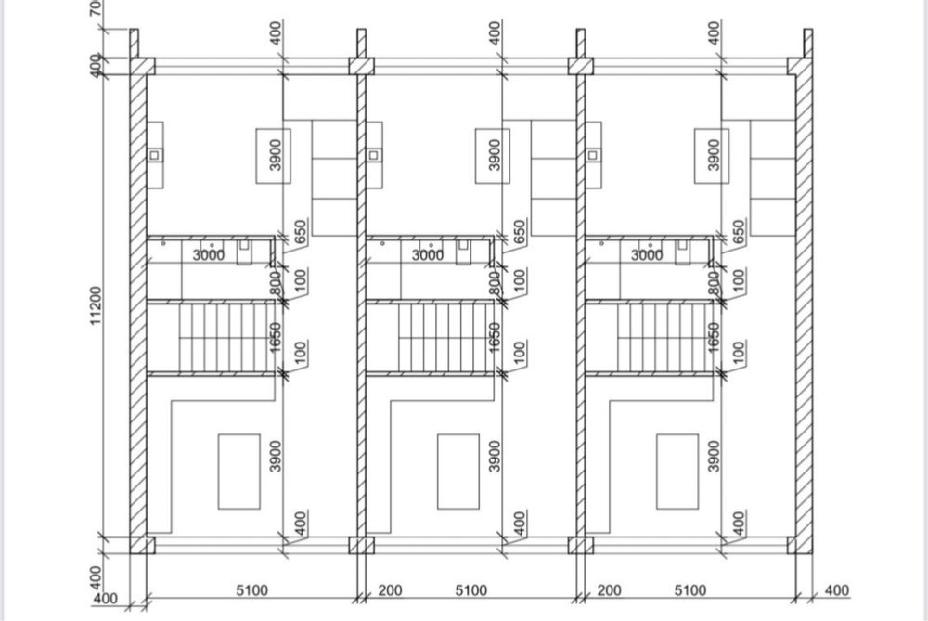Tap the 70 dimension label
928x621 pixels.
(x=97, y=9)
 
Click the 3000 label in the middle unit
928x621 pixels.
(x=428, y=254)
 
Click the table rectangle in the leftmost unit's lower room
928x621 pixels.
(x=238, y=471)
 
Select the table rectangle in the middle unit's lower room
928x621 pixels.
(x=458, y=471)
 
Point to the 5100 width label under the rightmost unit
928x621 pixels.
(x=690, y=589)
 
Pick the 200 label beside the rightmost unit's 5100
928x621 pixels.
(x=609, y=589)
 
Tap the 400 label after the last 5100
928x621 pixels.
(x=837, y=589)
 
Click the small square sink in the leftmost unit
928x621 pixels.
(x=154, y=155)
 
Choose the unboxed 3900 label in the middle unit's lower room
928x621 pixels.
(x=495, y=456)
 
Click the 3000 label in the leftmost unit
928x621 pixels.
(x=208, y=254)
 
